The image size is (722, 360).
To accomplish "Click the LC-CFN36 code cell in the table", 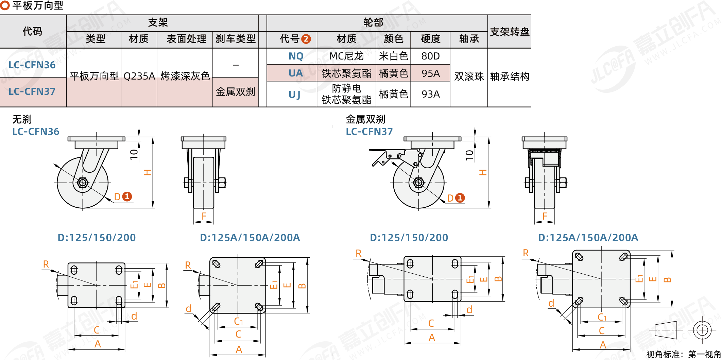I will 32,65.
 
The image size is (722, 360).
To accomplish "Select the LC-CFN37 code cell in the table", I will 32,91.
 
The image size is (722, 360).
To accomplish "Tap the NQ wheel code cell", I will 296,56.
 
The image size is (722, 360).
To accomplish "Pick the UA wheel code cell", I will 295,73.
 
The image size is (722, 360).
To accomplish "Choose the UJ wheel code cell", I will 294,94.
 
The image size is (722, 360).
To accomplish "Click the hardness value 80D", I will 430,56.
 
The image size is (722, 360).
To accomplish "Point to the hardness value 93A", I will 430,94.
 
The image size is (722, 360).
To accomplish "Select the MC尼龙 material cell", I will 346,56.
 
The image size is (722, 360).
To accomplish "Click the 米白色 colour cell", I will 393,56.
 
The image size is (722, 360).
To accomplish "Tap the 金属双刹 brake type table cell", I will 235,92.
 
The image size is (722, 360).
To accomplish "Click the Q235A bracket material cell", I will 139,76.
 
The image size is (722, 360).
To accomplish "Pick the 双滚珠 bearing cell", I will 469,76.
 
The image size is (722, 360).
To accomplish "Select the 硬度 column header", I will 430,39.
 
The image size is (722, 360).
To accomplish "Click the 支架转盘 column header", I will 509,32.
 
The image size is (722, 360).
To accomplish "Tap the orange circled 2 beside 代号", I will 306,39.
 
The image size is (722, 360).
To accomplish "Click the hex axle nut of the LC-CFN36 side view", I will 82,183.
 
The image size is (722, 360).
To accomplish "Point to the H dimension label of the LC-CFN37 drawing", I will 483,172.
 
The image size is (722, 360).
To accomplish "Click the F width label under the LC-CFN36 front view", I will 204,216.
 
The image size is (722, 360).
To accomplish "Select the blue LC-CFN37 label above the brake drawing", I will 369,132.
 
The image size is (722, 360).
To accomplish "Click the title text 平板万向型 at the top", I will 38,5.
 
